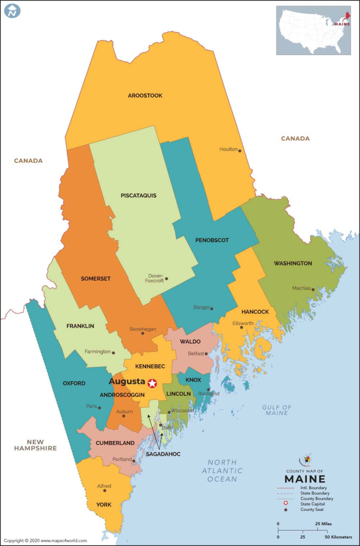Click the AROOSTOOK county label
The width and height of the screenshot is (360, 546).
point(145,96)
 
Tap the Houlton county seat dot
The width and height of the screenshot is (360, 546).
point(240,150)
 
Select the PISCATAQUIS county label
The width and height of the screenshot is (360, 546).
point(138,196)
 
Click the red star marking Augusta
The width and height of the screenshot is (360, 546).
point(153,383)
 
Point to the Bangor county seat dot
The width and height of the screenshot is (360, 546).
point(212,308)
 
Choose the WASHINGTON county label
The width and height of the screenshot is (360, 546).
point(293,263)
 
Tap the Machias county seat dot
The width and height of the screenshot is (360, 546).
point(313,288)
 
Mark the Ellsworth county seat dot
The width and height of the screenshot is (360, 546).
point(242,327)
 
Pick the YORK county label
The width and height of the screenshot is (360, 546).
point(104,504)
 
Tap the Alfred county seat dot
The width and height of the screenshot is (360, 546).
point(104,491)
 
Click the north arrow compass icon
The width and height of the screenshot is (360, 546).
point(12,10)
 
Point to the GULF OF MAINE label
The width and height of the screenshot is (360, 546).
point(277,410)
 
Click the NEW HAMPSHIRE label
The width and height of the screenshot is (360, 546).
point(35,445)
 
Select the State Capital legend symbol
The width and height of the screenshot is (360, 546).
point(286,503)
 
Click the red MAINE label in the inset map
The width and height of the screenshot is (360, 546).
point(342,23)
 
